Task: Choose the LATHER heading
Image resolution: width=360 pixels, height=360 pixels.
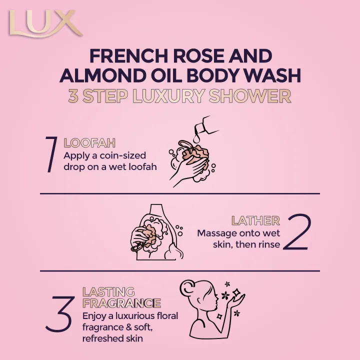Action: pos(255,220)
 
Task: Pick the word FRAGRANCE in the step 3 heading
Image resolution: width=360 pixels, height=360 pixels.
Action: pos(121,303)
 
